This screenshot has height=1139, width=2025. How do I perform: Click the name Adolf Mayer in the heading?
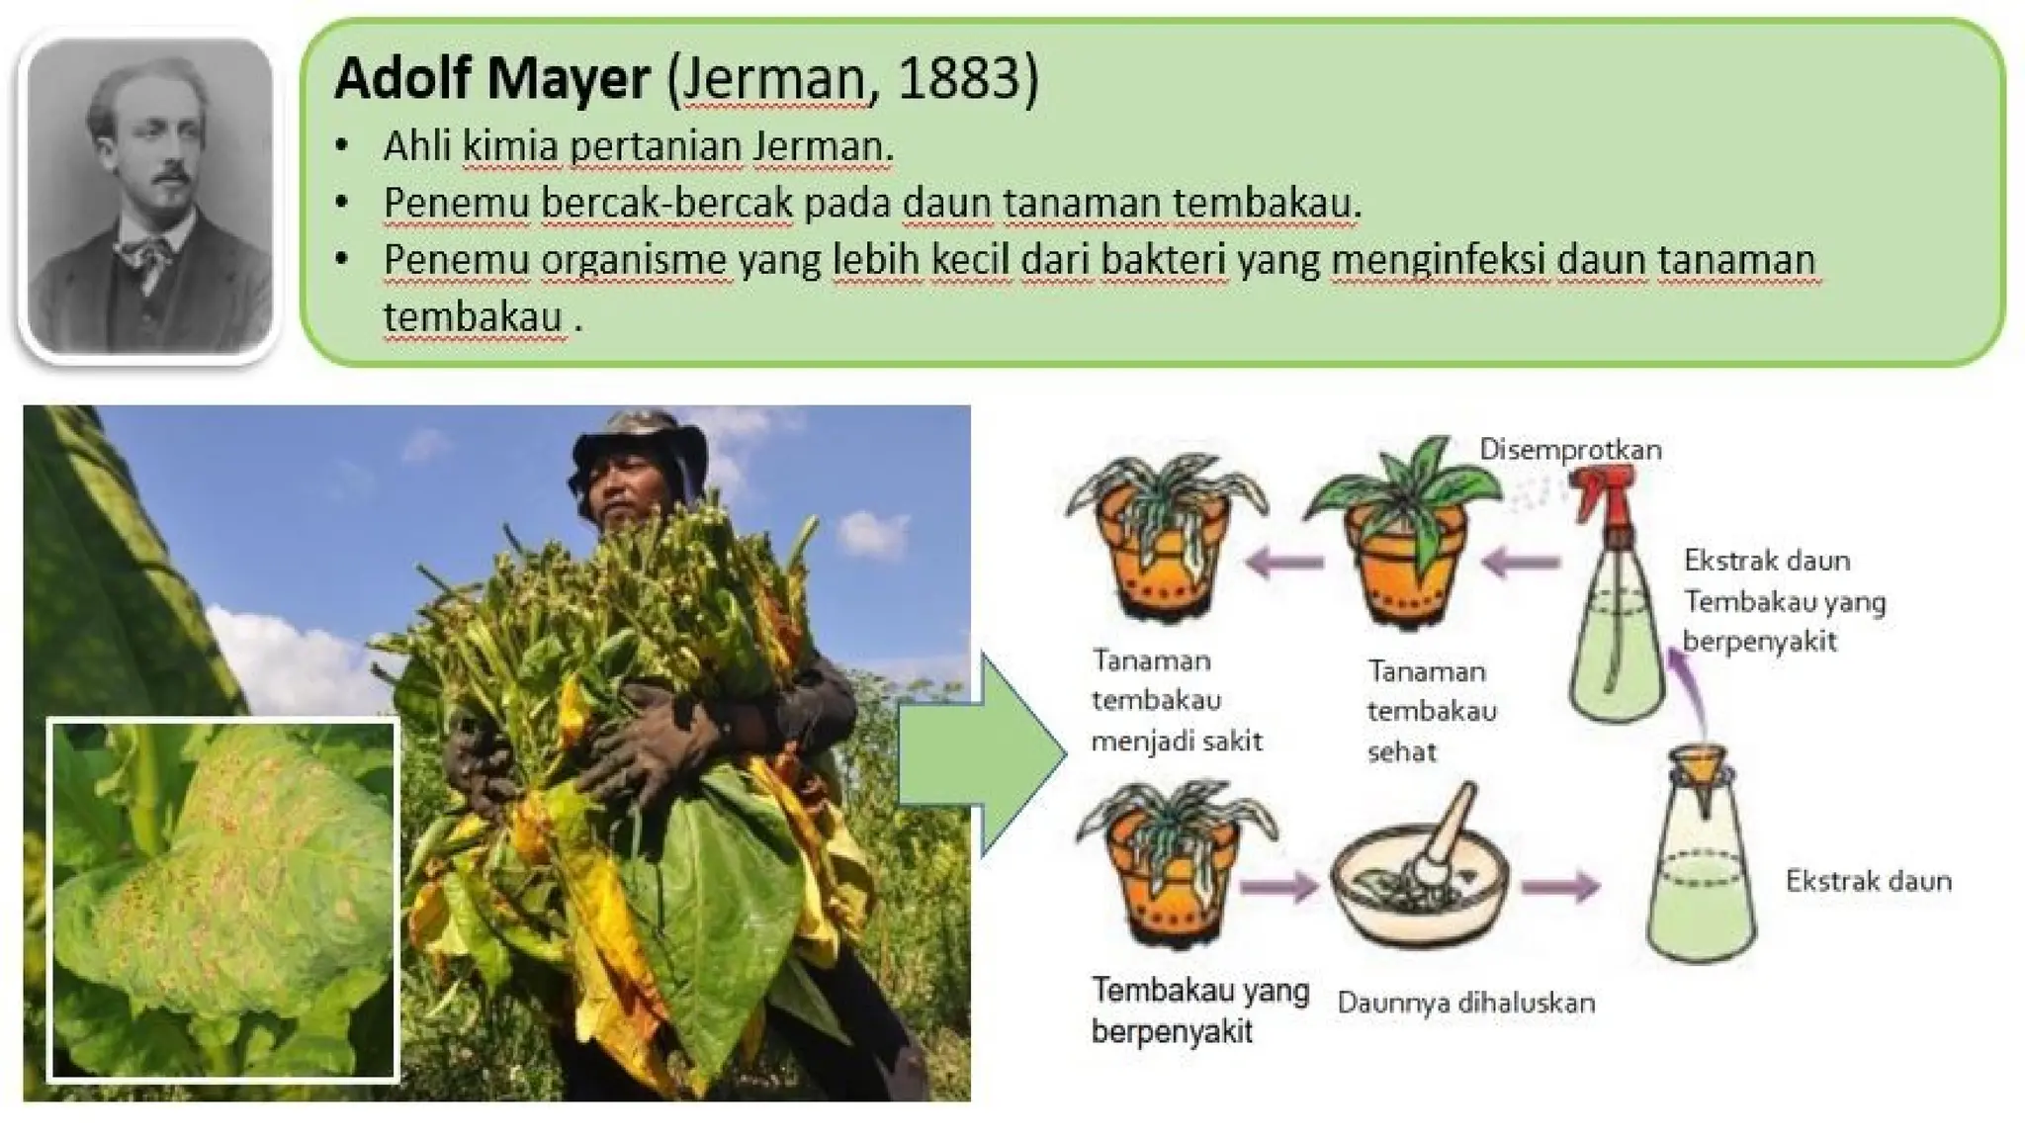tap(491, 78)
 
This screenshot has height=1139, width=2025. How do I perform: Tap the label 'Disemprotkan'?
tap(1570, 450)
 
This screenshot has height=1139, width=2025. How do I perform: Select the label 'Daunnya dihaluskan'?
tap(1465, 1003)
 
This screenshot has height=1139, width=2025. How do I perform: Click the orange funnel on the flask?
tap(1698, 770)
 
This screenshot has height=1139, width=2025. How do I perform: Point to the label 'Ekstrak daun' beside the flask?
tap(1868, 881)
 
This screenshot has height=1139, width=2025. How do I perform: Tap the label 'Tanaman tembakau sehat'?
tap(1431, 711)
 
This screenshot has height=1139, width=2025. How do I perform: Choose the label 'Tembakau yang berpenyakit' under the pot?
tap(1199, 1009)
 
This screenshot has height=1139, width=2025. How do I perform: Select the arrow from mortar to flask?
tap(1559, 886)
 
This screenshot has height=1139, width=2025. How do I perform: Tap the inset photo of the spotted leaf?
tap(223, 901)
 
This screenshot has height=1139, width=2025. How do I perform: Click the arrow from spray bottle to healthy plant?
tap(1520, 564)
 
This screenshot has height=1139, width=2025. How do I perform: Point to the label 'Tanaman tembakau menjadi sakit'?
tap(1176, 700)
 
